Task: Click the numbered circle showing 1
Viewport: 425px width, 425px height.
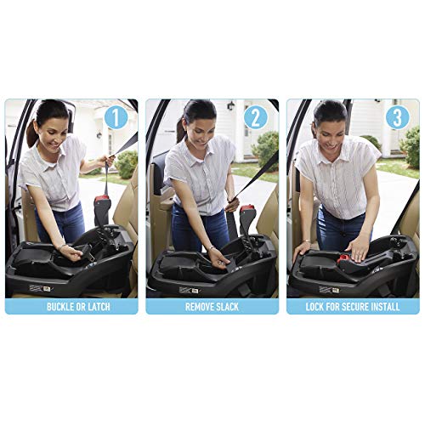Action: (116, 117)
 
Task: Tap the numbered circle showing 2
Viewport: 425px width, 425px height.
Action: (256, 117)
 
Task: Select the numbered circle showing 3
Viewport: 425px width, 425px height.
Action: (396, 117)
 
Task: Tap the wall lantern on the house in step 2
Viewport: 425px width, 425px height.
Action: (230, 106)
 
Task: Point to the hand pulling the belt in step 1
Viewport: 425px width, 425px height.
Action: (106, 161)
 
